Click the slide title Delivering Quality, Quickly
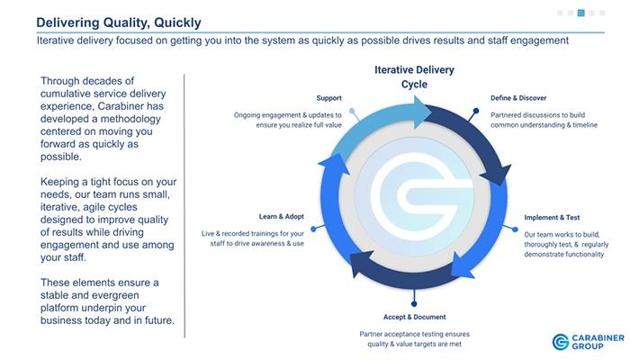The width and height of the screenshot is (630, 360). click(119, 22)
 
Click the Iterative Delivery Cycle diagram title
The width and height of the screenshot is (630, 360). click(414, 76)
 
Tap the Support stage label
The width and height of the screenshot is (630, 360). click(328, 98)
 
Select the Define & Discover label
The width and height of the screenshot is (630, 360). click(518, 98)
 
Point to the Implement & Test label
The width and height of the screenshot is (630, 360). click(552, 218)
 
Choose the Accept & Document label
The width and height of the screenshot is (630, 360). click(414, 317)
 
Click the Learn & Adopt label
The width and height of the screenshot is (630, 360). click(281, 217)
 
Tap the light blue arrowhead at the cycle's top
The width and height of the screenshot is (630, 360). click(423, 112)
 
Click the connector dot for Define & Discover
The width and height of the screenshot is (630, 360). click(476, 111)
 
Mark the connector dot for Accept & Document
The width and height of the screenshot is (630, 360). click(414, 304)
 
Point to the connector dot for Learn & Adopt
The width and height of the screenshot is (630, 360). click(313, 229)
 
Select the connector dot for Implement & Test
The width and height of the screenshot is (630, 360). click(516, 229)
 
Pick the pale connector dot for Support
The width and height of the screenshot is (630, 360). click(352, 111)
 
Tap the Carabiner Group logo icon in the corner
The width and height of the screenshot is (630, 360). click(560, 342)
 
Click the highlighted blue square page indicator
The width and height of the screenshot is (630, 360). click(581, 13)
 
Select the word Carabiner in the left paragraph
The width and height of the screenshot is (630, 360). click(118, 106)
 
